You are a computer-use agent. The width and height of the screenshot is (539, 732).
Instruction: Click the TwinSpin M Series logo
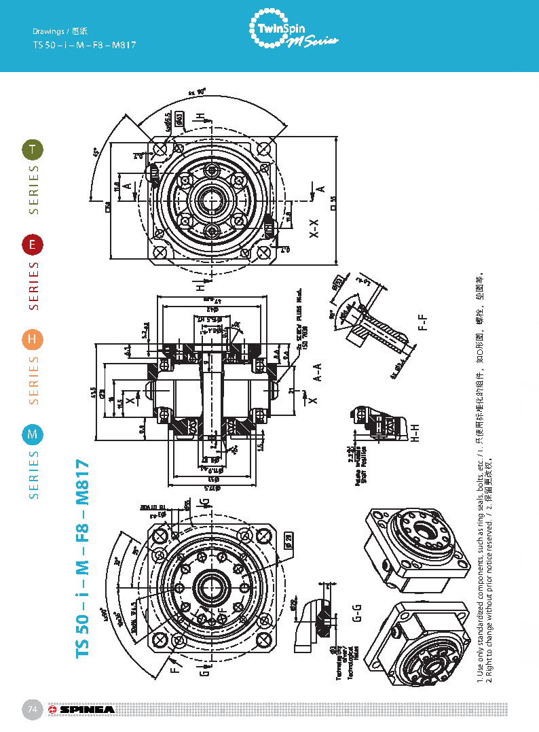293,31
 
